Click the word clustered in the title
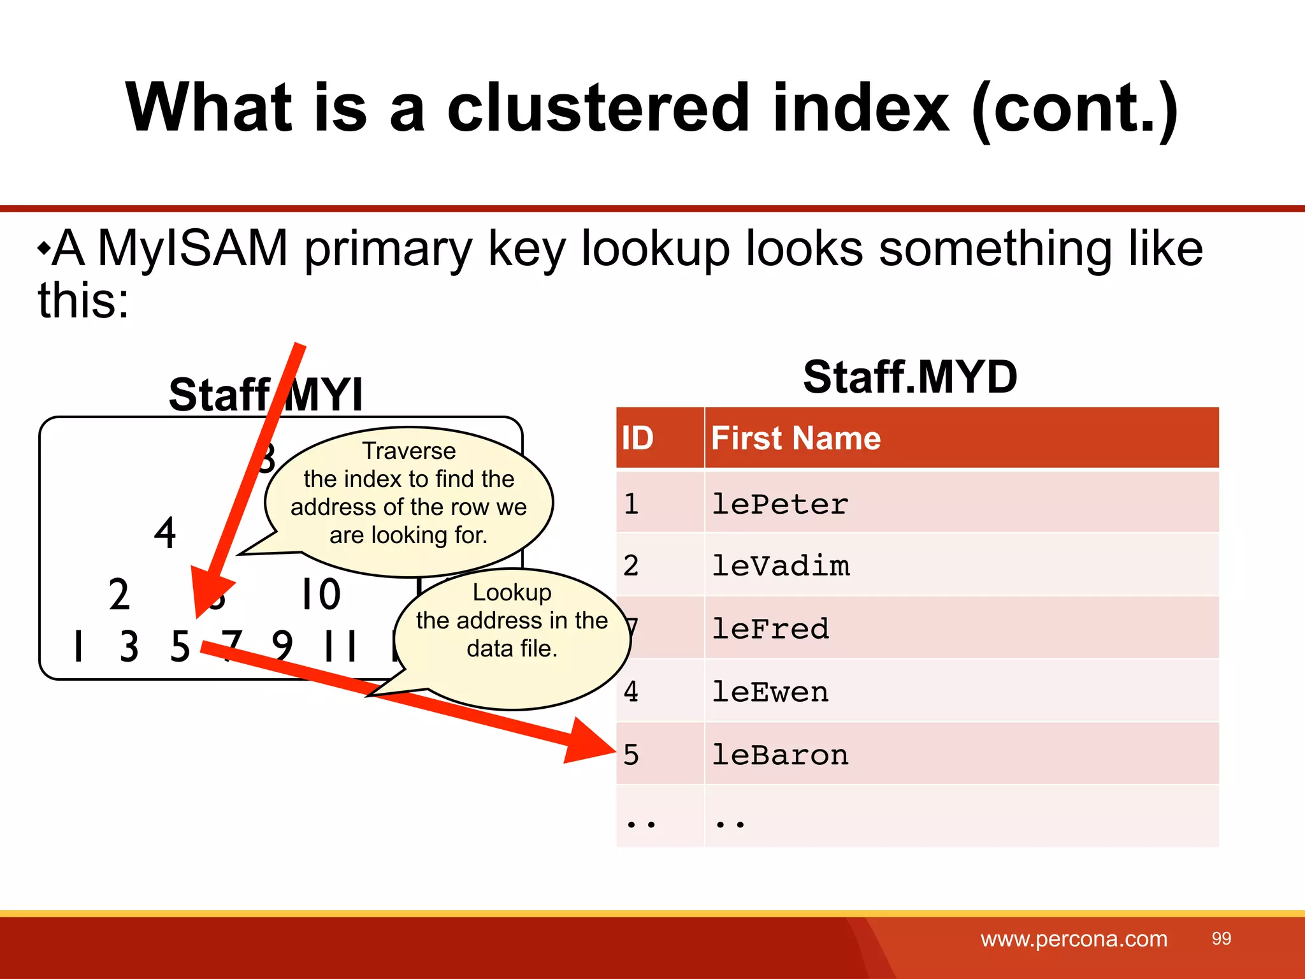coord(598,108)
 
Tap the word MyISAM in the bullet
coord(192,249)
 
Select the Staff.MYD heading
coord(910,377)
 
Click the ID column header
coord(638,439)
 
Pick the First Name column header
coord(796,439)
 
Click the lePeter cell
coord(780,504)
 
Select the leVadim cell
coord(781,566)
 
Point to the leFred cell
coord(770,629)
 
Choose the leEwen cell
coord(770,692)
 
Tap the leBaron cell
coord(780,755)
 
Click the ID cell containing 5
coord(631,755)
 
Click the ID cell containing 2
coord(631,566)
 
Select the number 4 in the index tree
coord(165,533)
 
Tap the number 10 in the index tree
coord(321,594)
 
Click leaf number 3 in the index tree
coord(129,646)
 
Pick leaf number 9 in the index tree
coord(282,646)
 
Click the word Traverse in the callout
coord(409,451)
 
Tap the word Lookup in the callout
coord(512,593)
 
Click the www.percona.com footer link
coord(1074,939)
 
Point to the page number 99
coord(1221,939)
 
